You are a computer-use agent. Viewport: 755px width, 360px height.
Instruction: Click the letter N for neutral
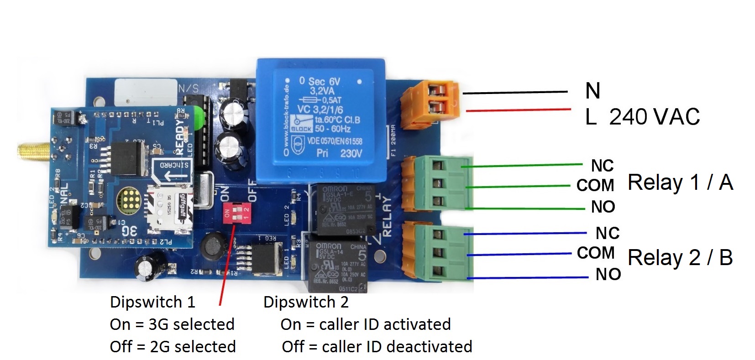[x=592, y=91]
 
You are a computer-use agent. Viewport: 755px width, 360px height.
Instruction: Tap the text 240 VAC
[x=654, y=117]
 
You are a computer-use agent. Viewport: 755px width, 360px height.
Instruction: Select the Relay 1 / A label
[x=680, y=183]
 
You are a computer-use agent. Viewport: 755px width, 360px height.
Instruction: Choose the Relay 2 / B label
[x=680, y=258]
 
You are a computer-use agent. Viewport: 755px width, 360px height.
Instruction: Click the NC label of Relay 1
[x=602, y=165]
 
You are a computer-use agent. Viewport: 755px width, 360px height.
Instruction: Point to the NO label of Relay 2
[x=608, y=274]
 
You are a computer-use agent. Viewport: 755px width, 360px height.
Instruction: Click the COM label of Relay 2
[x=595, y=253]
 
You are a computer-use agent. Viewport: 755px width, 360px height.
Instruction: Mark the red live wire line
[x=518, y=110]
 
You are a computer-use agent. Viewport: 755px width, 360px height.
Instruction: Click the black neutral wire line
[x=516, y=93]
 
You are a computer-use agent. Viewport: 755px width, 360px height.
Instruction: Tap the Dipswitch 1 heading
[x=152, y=302]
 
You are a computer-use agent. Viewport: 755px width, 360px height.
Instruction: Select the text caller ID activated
[x=384, y=324]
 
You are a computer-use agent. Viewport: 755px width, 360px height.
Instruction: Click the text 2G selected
[x=192, y=347]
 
